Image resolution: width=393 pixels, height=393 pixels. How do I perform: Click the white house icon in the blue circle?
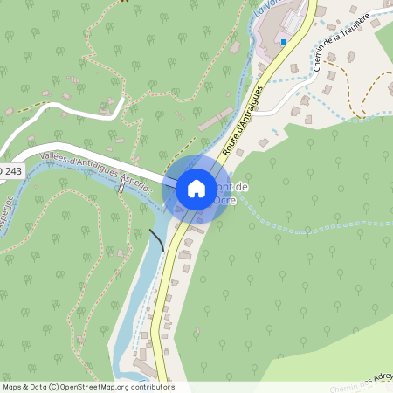196,189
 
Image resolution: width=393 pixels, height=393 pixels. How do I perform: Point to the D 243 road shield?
9,172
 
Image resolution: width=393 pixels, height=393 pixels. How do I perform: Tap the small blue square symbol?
284,41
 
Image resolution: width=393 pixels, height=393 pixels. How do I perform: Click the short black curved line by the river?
156,239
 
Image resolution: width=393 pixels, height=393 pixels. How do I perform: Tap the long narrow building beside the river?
215,122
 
